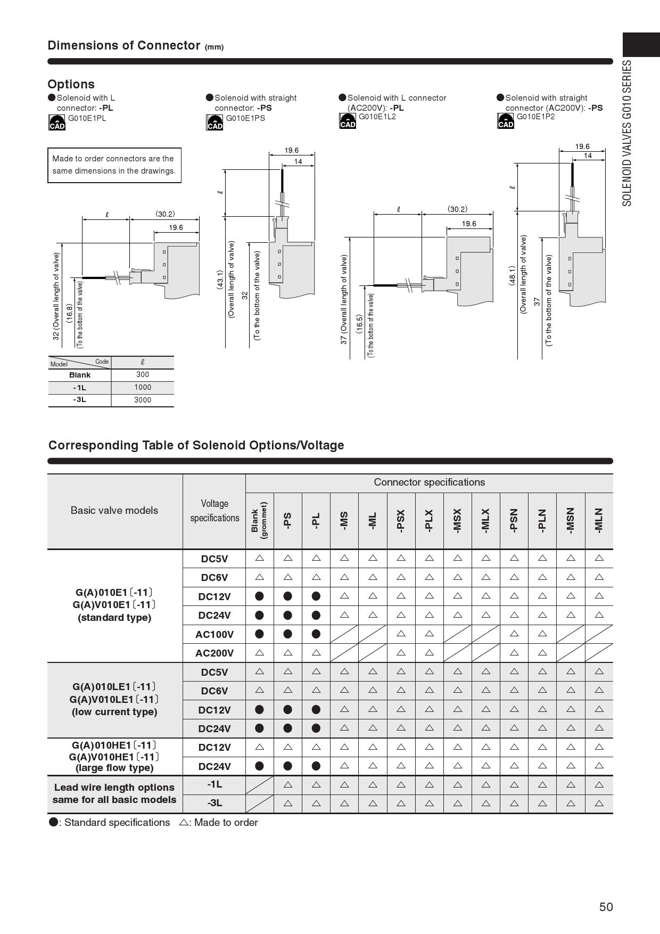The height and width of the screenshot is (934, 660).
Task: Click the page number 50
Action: (606, 907)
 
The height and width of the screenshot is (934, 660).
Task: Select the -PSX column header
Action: (401, 520)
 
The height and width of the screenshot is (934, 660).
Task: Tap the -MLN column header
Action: (599, 520)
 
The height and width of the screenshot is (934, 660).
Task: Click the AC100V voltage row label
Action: (214, 634)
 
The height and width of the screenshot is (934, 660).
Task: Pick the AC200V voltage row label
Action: (214, 653)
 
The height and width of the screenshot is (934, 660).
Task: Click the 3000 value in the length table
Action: (143, 400)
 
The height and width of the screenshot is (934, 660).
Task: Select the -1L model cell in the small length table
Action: (79, 388)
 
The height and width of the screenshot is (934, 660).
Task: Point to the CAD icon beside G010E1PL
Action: (57, 122)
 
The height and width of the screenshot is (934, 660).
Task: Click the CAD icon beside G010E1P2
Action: (506, 121)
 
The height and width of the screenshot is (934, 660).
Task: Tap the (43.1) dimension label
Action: (219, 280)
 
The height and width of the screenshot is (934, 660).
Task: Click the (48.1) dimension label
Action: (512, 276)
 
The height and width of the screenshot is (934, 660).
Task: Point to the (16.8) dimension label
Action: (69, 313)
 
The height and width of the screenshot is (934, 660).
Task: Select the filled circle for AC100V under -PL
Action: (316, 634)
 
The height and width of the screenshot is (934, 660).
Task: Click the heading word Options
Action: (71, 84)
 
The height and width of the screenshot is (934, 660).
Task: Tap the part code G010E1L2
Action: (377, 117)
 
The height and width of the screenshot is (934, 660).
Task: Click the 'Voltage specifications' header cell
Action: (214, 511)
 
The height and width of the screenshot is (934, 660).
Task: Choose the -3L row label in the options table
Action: (214, 803)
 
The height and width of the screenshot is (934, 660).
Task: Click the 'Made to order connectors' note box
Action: (114, 165)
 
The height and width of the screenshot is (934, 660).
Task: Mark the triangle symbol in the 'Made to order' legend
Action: (184, 822)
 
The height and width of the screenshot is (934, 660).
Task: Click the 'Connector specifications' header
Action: (429, 482)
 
